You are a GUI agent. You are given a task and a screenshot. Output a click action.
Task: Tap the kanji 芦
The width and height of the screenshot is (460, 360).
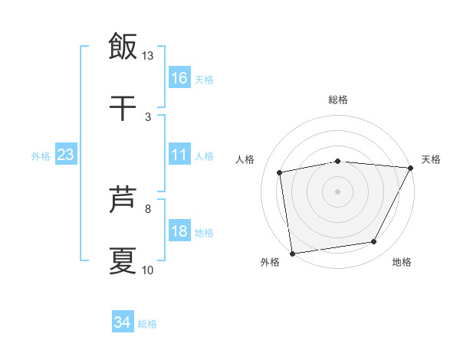[123, 199]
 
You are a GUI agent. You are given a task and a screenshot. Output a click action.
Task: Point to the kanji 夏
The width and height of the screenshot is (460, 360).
[123, 260]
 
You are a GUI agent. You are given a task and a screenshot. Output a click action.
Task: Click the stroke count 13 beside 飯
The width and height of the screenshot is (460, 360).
[148, 55]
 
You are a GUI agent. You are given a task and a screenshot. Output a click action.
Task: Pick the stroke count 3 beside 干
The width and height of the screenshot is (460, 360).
[148, 116]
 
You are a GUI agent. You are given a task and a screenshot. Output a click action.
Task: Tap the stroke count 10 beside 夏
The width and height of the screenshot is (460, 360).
[148, 270]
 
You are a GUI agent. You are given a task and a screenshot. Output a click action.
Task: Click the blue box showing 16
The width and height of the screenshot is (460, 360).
[179, 77]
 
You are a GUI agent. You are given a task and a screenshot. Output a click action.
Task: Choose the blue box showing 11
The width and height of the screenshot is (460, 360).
[179, 155]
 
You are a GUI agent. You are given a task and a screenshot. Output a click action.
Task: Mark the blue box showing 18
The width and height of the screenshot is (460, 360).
[179, 231]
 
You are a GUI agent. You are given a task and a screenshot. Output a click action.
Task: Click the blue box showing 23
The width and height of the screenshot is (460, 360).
[66, 155]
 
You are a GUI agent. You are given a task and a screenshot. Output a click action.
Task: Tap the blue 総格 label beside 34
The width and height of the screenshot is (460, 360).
[147, 324]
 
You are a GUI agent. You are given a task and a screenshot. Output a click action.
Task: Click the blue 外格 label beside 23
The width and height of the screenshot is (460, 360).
[41, 156]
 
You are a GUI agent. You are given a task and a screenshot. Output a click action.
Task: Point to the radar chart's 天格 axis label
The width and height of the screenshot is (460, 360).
[431, 159]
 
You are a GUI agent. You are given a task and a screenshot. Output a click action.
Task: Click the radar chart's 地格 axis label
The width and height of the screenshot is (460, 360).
[402, 263]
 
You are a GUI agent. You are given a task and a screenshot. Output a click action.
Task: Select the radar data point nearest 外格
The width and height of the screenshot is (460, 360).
[292, 253]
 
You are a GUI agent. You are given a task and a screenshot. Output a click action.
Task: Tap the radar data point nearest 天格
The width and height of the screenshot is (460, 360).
[411, 168]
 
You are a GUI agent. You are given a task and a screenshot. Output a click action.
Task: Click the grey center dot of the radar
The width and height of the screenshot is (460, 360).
[337, 191]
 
